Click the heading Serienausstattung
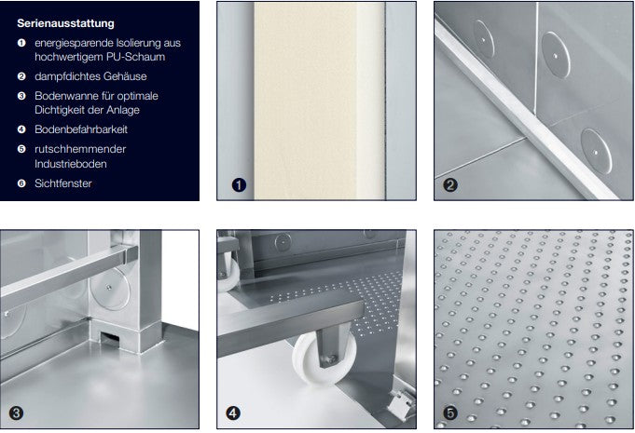[65, 22]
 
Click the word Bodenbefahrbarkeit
[81, 129]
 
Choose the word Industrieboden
[72, 164]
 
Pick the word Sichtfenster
[63, 183]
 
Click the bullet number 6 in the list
[21, 183]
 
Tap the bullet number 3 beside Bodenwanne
[21, 95]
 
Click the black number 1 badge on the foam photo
[239, 184]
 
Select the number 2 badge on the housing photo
[450, 184]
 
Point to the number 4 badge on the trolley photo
[234, 412]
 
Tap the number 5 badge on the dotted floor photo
[450, 412]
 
